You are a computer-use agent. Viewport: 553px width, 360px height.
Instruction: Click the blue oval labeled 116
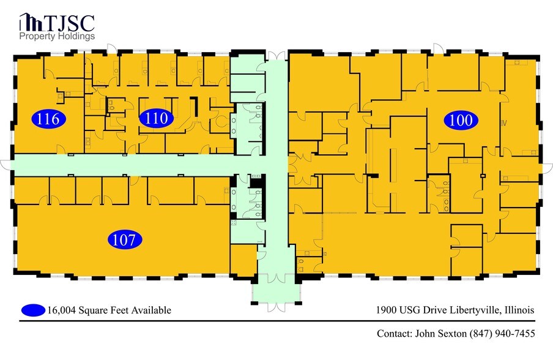point(48,119)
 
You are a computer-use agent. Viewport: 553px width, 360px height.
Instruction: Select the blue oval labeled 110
point(157,119)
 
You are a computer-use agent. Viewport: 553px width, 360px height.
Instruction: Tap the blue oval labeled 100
point(461,120)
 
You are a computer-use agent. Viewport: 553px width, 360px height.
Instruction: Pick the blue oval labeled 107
point(125,240)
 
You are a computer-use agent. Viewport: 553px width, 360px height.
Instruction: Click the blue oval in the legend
point(33,310)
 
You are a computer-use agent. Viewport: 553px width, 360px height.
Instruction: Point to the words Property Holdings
point(57,37)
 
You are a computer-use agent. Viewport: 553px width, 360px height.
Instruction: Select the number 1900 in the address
point(387,310)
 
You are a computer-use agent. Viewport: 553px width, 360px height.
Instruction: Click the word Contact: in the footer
point(393,334)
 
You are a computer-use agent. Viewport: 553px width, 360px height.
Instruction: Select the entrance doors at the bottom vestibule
point(276,302)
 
